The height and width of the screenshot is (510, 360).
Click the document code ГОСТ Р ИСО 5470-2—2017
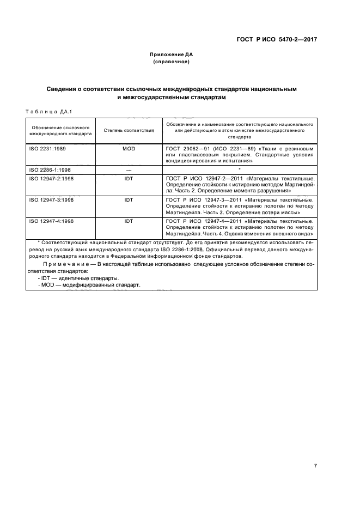pos(276,39)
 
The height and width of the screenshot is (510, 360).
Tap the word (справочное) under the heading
pos(172,62)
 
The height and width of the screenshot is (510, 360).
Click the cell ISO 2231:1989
pos(47,148)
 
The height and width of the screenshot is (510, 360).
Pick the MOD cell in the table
pos(129,148)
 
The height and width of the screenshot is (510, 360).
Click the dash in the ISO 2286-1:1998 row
pos(129,170)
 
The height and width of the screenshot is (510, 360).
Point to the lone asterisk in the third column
pos(240,169)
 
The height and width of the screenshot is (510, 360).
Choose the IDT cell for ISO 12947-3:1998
pos(129,199)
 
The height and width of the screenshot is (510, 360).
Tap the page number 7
pos(316,465)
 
